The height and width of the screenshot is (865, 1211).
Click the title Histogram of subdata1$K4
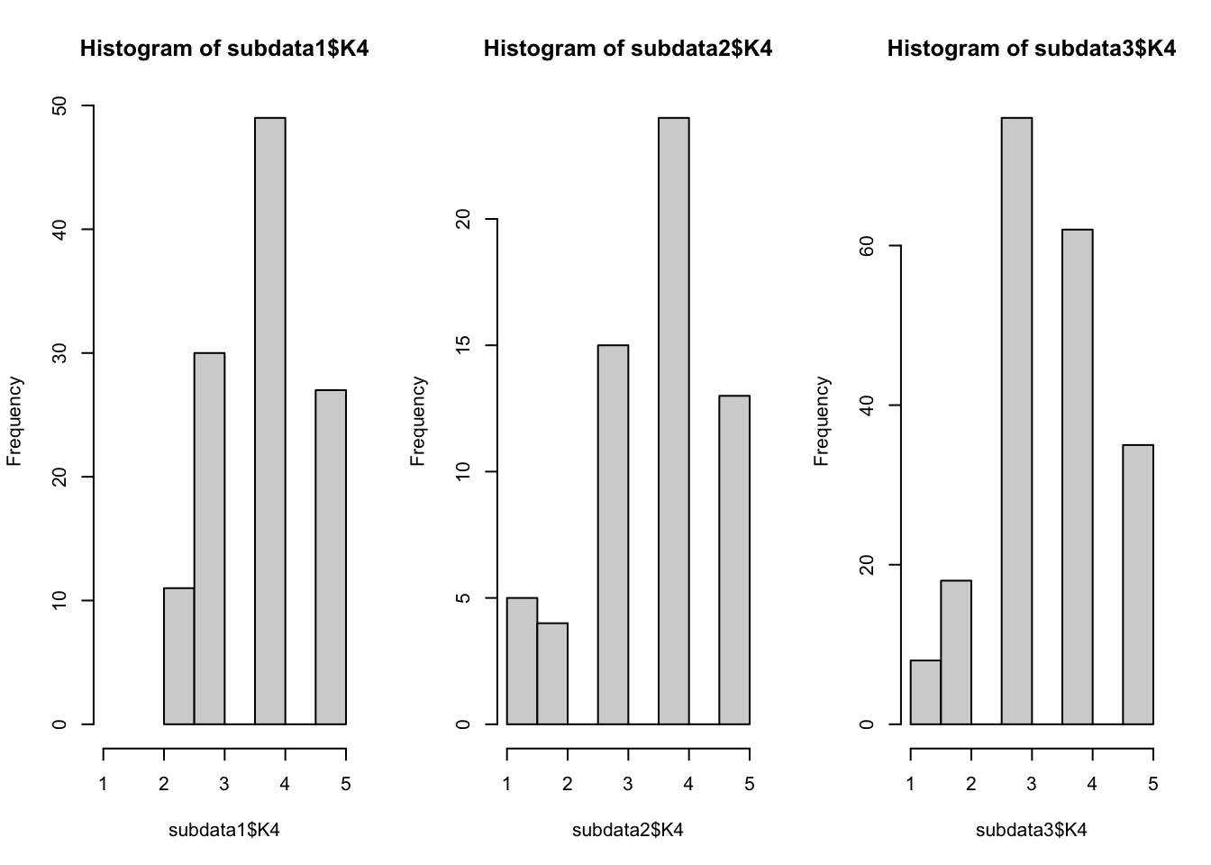(224, 49)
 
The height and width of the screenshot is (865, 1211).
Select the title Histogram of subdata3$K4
(1031, 49)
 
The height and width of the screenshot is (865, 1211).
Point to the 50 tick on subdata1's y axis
(60, 106)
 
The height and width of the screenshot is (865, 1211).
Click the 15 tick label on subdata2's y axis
(464, 345)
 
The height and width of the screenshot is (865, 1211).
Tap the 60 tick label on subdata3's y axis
(868, 246)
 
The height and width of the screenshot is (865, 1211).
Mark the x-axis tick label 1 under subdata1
(104, 784)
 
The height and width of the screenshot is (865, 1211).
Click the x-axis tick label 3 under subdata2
(628, 784)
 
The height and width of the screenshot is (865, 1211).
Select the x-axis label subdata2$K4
(627, 830)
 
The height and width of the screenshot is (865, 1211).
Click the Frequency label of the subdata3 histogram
(821, 421)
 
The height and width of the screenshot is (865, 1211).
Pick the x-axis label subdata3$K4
(1031, 830)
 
